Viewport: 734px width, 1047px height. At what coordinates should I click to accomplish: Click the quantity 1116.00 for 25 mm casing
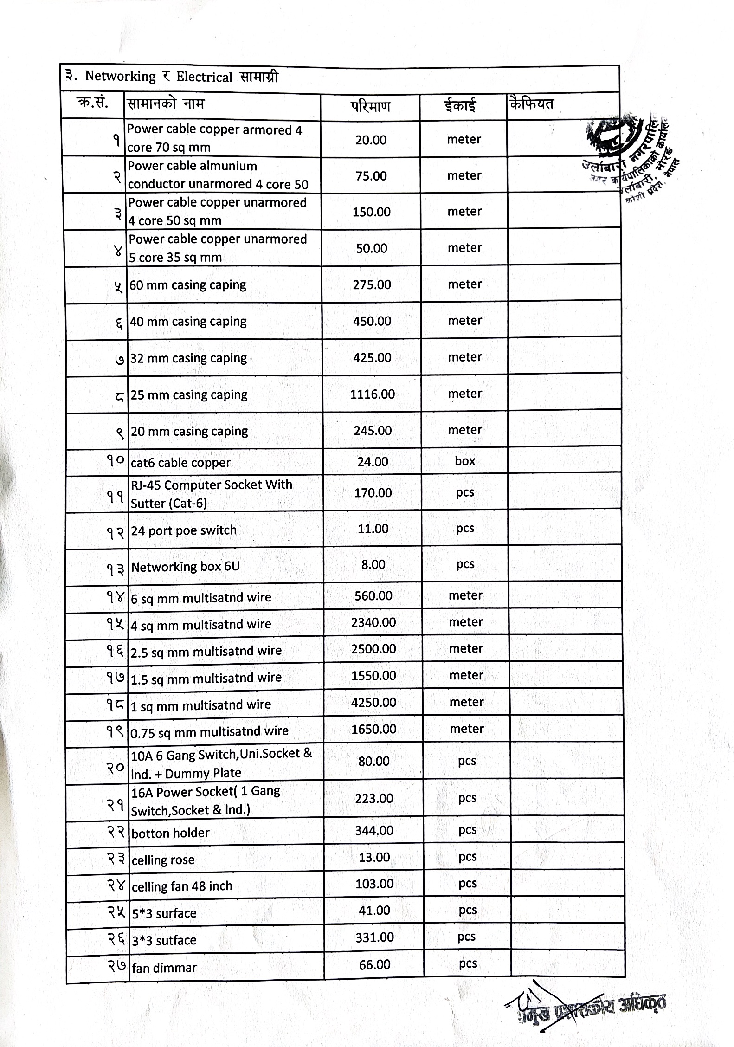coord(372,394)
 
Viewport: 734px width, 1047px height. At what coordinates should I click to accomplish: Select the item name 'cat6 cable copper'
coord(180,463)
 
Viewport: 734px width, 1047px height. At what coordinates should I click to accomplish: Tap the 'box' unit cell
coord(465,461)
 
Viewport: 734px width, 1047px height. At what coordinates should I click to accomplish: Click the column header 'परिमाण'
coord(370,106)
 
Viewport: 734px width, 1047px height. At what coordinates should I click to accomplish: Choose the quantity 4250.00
coord(373,702)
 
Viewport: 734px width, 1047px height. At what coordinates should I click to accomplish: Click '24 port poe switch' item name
coord(184,530)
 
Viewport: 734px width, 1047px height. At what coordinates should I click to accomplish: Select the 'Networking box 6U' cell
coord(185,567)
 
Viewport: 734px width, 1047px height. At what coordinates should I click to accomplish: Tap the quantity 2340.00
coord(373,622)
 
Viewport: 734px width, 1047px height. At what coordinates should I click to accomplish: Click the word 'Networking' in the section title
coord(120,76)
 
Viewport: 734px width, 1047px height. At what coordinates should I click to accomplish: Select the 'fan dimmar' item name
coord(164,968)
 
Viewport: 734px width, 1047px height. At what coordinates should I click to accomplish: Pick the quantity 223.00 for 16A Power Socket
coord(374,799)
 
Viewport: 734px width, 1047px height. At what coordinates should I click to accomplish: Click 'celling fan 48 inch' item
coord(182,886)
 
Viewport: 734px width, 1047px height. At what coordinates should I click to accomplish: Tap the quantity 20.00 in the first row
coord(371,140)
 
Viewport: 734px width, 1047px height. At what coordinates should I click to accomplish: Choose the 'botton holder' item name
coord(170,833)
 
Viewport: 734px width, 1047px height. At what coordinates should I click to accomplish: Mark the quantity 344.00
coord(374,830)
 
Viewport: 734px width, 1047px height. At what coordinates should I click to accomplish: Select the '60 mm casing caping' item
coord(187,285)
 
